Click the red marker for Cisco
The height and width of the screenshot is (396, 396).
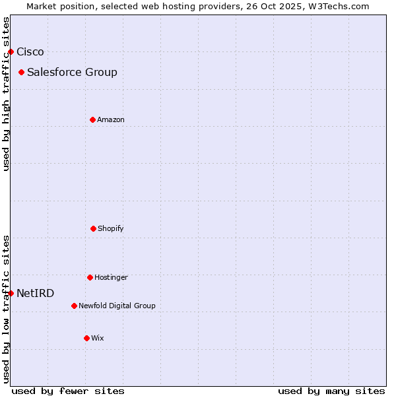tap(11, 51)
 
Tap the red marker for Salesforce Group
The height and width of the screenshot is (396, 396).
tap(22, 72)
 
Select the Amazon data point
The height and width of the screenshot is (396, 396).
tap(92, 119)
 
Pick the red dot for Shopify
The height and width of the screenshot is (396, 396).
tap(93, 228)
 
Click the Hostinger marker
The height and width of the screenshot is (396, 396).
tap(90, 277)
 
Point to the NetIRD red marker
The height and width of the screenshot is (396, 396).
tap(11, 293)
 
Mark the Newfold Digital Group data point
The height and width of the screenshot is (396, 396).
tap(74, 306)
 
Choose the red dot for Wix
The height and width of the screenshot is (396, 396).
tap(86, 338)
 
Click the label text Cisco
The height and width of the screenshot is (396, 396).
tap(30, 51)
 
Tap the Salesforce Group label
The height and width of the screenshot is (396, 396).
tap(72, 72)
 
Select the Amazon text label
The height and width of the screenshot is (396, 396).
tap(111, 119)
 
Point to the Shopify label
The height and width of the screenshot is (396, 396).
tap(111, 228)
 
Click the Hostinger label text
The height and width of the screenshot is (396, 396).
tap(111, 277)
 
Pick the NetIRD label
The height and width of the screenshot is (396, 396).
tap(36, 293)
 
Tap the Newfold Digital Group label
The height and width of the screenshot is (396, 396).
tap(117, 306)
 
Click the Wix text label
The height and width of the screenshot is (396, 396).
tap(98, 338)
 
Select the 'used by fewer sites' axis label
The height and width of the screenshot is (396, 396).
tap(68, 391)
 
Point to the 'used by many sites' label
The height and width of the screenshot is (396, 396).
tap(331, 391)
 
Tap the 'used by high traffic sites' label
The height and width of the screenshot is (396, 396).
tap(6, 94)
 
